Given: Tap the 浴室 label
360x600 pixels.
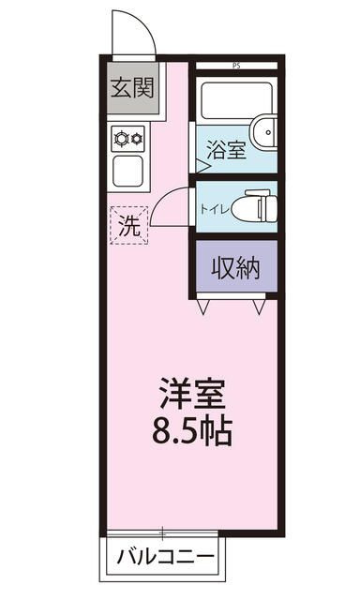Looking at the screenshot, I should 228,150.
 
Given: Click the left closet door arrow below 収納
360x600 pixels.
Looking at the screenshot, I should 203,306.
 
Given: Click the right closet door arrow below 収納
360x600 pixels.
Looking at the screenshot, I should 262,306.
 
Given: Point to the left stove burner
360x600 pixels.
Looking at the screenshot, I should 121,139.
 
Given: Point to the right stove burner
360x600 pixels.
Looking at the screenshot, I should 137,139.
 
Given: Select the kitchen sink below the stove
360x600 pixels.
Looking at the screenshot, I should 129,171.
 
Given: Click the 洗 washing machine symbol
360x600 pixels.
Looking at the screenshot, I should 128,225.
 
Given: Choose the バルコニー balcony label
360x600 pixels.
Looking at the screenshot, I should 165,558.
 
